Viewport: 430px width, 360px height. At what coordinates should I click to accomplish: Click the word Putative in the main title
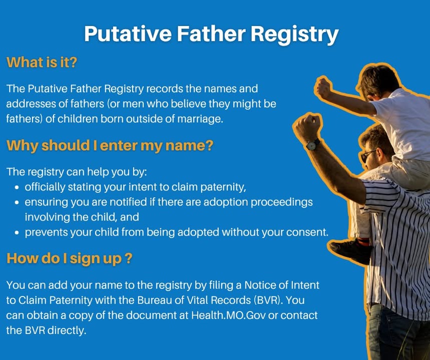pos(128,33)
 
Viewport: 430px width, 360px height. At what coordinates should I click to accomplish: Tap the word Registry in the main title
pos(294,34)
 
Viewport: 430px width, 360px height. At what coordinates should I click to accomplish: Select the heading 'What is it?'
pos(42,62)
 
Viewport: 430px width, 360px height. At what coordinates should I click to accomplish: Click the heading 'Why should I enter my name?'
pos(110,145)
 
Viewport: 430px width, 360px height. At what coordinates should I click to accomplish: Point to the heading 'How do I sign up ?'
pos(70,258)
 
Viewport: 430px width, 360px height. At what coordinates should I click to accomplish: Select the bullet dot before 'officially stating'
pos(18,188)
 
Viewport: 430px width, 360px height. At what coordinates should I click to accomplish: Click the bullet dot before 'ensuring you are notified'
pos(18,203)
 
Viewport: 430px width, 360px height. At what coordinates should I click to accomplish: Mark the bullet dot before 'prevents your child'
pos(18,233)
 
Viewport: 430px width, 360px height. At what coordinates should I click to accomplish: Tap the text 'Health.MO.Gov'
pos(228,315)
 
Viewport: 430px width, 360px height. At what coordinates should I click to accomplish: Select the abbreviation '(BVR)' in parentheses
pos(268,300)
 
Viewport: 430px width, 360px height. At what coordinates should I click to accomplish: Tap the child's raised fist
pos(324,87)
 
